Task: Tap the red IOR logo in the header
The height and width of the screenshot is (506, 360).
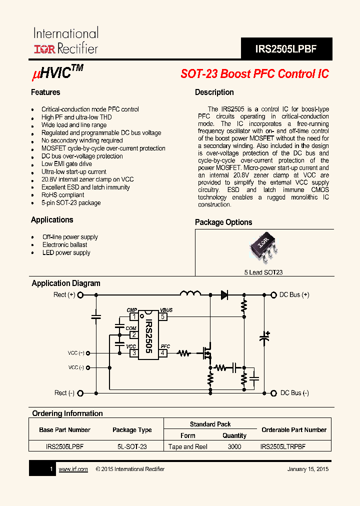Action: [x=44, y=49]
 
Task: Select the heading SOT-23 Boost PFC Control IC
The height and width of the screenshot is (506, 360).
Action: [x=254, y=73]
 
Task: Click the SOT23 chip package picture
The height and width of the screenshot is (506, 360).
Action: [x=263, y=246]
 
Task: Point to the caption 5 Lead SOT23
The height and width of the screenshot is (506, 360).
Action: [x=263, y=272]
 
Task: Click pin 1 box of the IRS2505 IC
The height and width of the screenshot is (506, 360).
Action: [x=133, y=316]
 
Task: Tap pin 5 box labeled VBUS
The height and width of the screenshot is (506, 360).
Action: [x=162, y=316]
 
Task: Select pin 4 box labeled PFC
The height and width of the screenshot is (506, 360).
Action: [x=162, y=353]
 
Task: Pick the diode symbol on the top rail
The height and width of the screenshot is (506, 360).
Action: [x=224, y=295]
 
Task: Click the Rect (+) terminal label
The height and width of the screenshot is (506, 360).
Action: [x=64, y=295]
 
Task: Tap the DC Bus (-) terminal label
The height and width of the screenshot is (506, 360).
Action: [x=294, y=393]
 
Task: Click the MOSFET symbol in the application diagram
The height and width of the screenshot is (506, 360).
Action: [x=206, y=353]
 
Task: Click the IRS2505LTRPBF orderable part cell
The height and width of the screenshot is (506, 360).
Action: [x=283, y=446]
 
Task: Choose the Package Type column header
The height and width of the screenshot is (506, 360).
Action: [x=132, y=430]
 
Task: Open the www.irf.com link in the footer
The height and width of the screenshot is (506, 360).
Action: [x=73, y=469]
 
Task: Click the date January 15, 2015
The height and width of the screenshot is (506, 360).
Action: [x=308, y=469]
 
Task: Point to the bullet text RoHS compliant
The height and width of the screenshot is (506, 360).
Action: [x=62, y=195]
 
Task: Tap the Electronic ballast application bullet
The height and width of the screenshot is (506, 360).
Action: [x=64, y=245]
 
